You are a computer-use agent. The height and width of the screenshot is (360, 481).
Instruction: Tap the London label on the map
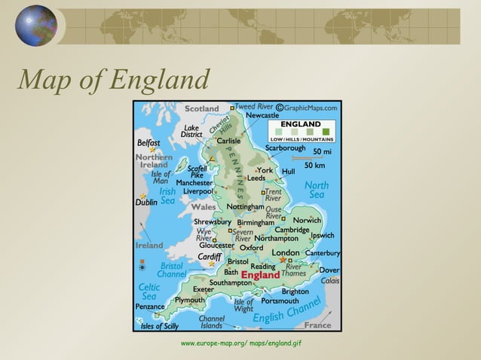tap(285, 252)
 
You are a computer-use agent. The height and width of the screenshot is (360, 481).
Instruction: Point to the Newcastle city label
tap(262, 116)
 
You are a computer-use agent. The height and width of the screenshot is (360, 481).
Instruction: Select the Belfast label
tap(148, 142)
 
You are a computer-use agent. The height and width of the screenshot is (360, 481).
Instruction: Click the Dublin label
tap(146, 203)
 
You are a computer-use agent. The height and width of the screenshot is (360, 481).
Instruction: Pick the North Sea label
tap(316, 190)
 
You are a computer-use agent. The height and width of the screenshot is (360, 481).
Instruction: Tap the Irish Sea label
tap(167, 197)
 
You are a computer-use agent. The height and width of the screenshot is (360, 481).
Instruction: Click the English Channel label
tap(286, 313)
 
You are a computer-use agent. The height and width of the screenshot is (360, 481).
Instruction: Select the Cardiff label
tap(209, 257)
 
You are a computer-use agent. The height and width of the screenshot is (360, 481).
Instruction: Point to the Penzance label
tap(149, 307)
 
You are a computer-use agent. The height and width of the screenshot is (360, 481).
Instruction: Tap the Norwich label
tap(307, 221)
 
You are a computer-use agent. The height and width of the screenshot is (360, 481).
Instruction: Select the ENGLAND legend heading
tap(301, 124)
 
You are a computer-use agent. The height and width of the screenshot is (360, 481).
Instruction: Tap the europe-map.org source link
tap(240, 343)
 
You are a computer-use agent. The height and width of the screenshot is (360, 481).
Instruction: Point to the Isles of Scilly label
tap(160, 326)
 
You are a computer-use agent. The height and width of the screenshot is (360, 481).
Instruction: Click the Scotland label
tap(201, 109)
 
